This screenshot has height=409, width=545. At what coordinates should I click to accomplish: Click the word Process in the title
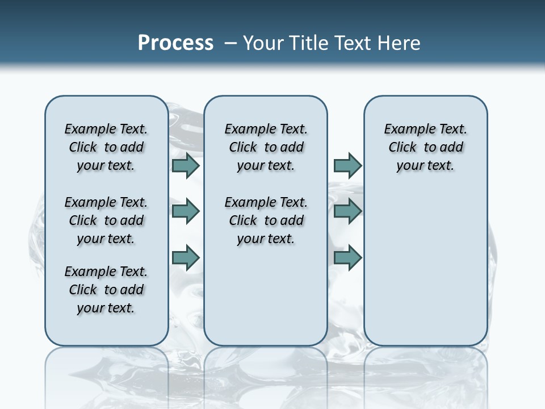(x=175, y=43)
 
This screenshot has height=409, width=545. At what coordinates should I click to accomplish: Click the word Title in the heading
(x=309, y=43)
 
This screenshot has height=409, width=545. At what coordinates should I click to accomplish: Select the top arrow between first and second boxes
(x=186, y=165)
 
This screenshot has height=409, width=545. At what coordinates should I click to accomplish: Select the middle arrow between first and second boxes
(x=186, y=211)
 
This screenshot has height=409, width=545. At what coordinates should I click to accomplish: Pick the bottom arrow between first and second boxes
(x=186, y=257)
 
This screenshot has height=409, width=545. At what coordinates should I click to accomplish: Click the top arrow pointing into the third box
(x=347, y=165)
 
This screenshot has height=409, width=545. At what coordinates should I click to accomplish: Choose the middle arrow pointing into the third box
(x=347, y=211)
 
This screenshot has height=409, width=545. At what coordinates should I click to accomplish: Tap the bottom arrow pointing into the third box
(x=347, y=257)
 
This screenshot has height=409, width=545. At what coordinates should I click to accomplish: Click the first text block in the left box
(x=106, y=147)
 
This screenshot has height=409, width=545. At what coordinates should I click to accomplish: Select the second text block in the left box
(x=106, y=220)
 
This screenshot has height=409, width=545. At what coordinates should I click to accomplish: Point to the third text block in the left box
(x=106, y=290)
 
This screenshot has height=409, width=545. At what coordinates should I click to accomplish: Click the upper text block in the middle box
(x=266, y=147)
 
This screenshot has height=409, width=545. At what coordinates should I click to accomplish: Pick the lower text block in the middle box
(x=266, y=220)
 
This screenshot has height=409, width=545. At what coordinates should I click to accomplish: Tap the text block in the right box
(x=425, y=147)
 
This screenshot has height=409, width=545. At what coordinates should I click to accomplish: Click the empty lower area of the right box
(x=425, y=267)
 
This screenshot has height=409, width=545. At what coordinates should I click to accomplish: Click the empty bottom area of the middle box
(x=266, y=301)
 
